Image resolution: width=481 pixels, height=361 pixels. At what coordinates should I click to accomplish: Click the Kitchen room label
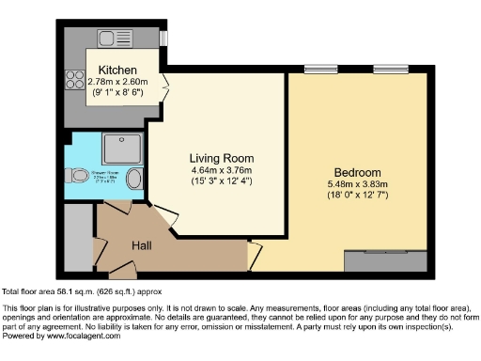click(x=118, y=71)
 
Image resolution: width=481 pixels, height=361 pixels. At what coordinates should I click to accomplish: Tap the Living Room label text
click(x=221, y=157)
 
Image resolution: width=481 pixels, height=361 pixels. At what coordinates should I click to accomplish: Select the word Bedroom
click(x=360, y=173)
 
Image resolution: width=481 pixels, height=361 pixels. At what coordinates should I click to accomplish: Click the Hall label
click(x=142, y=245)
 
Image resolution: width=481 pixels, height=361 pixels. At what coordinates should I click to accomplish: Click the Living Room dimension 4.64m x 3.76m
click(x=221, y=169)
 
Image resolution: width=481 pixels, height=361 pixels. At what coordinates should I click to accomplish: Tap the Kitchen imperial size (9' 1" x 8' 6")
click(x=118, y=94)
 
